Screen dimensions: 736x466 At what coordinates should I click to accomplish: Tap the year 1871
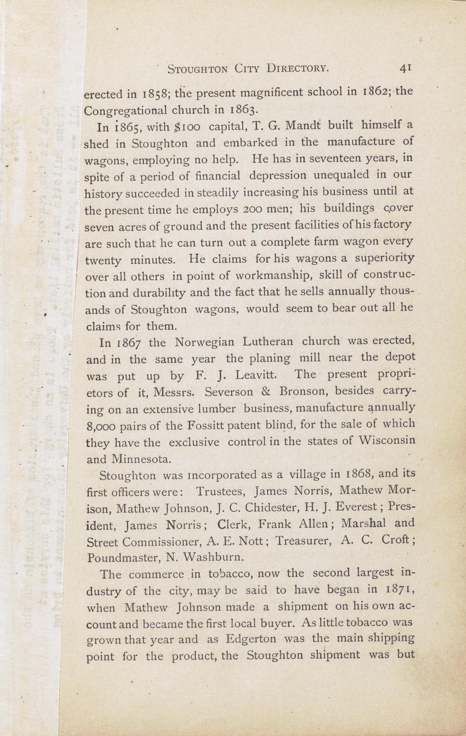click(397, 590)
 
